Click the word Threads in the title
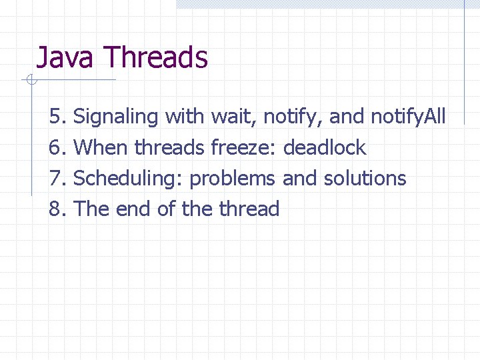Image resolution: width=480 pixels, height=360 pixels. coord(156,57)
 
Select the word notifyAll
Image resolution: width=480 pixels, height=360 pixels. coord(408,117)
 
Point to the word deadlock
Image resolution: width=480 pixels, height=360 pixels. coord(325,147)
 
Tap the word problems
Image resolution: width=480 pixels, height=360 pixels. coord(233,179)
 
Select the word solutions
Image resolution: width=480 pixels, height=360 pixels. coord(365,178)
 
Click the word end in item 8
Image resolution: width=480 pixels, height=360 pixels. coord(133,209)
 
